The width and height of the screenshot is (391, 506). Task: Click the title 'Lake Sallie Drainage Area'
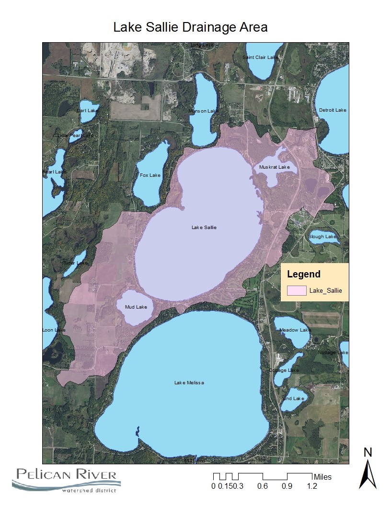(190, 27)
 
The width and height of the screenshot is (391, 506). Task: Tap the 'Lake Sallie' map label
(204, 227)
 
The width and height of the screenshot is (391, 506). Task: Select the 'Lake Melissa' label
(189, 383)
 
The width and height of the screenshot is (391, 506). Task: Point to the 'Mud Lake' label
(136, 307)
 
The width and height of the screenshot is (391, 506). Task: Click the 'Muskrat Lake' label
(275, 167)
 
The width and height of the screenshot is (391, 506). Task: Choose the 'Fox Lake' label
(150, 175)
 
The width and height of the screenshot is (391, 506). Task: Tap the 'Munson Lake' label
(203, 111)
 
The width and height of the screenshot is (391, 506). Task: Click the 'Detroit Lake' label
(333, 110)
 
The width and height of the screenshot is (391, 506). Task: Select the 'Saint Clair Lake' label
(260, 57)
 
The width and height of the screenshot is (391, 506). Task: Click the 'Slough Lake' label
(322, 237)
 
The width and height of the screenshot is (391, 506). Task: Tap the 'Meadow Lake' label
(295, 330)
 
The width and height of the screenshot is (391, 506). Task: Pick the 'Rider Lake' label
(75, 263)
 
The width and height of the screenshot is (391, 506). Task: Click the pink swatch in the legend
(296, 290)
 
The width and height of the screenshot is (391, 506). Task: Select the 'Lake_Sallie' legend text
(326, 290)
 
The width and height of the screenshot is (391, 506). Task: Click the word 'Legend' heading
(303, 275)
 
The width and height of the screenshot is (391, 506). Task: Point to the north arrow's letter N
(368, 452)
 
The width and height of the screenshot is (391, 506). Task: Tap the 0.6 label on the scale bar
(262, 486)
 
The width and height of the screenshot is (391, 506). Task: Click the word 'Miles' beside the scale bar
(322, 477)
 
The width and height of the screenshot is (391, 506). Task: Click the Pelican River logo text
(66, 475)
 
